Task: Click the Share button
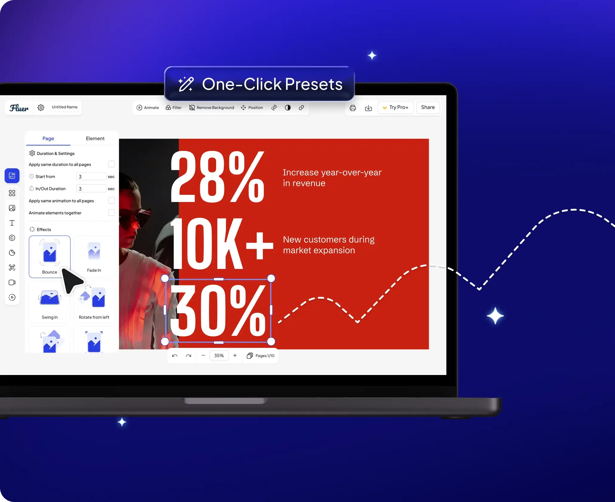(x=428, y=107)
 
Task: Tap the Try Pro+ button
(x=395, y=107)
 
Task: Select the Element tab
(x=95, y=138)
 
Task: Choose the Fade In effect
(x=94, y=256)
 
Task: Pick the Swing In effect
(x=50, y=302)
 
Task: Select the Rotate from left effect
(x=94, y=302)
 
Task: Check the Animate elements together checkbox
(x=111, y=212)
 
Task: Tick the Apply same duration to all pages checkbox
(x=111, y=164)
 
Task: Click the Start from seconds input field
(x=91, y=176)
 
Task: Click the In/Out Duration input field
(x=91, y=189)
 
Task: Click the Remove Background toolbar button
(x=212, y=108)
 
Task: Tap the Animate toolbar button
(x=148, y=108)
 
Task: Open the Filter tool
(x=174, y=108)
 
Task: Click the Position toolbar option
(x=252, y=108)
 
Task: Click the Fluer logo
(x=19, y=108)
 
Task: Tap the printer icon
(x=353, y=108)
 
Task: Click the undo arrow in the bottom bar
(x=175, y=356)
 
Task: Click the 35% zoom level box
(x=219, y=356)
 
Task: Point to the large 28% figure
(x=217, y=177)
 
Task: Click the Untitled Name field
(x=65, y=107)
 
